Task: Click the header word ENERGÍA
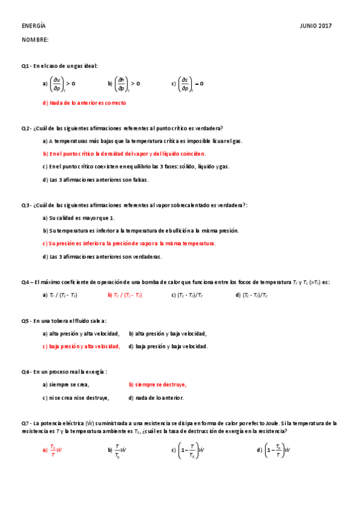pyautogui.click(x=34, y=26)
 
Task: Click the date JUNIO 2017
pyautogui.click(x=316, y=26)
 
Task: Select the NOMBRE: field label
pyautogui.click(x=35, y=40)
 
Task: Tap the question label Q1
pyautogui.click(x=26, y=66)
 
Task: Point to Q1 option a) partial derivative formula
pyautogui.click(x=61, y=84)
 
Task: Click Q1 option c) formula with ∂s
pyautogui.click(x=190, y=84)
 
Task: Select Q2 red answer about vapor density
pyautogui.click(x=124, y=153)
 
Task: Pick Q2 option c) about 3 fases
pyautogui.click(x=136, y=167)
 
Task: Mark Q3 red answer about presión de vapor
pyautogui.click(x=129, y=244)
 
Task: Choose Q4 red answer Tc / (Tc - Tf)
pyautogui.click(x=124, y=295)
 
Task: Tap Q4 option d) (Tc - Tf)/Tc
pyautogui.click(x=252, y=295)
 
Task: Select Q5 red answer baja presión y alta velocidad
pyautogui.click(x=81, y=346)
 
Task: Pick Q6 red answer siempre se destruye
pyautogui.click(x=157, y=385)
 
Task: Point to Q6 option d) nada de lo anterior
pyautogui.click(x=156, y=398)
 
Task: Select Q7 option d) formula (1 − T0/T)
pyautogui.click(x=273, y=450)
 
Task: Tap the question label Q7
pyautogui.click(x=26, y=423)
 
